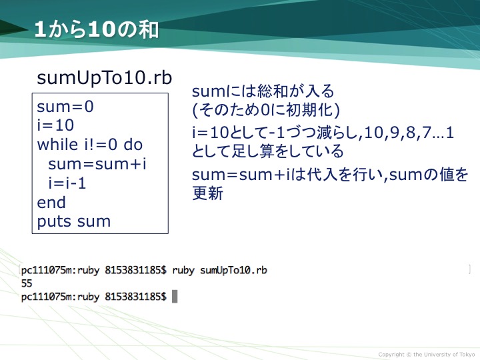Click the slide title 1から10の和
pos(97,30)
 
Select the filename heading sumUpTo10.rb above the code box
pos(105,78)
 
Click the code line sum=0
pos(65,107)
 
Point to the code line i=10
pos(55,125)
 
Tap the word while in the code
pos(57,144)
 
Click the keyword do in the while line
pos(133,144)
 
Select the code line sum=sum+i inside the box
pos(97,164)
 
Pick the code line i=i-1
pos(67,183)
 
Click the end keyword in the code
pos(51,203)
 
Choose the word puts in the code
pos(55,221)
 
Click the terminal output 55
pos(27,283)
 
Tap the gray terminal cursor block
pos(175,297)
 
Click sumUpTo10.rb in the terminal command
pos(233,270)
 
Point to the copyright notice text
pos(427,355)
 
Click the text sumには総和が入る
pos(263,91)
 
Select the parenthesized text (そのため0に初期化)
pos(266,110)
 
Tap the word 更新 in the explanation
pos(207,193)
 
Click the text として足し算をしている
pos(267,151)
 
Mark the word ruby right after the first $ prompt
pos(183,271)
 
